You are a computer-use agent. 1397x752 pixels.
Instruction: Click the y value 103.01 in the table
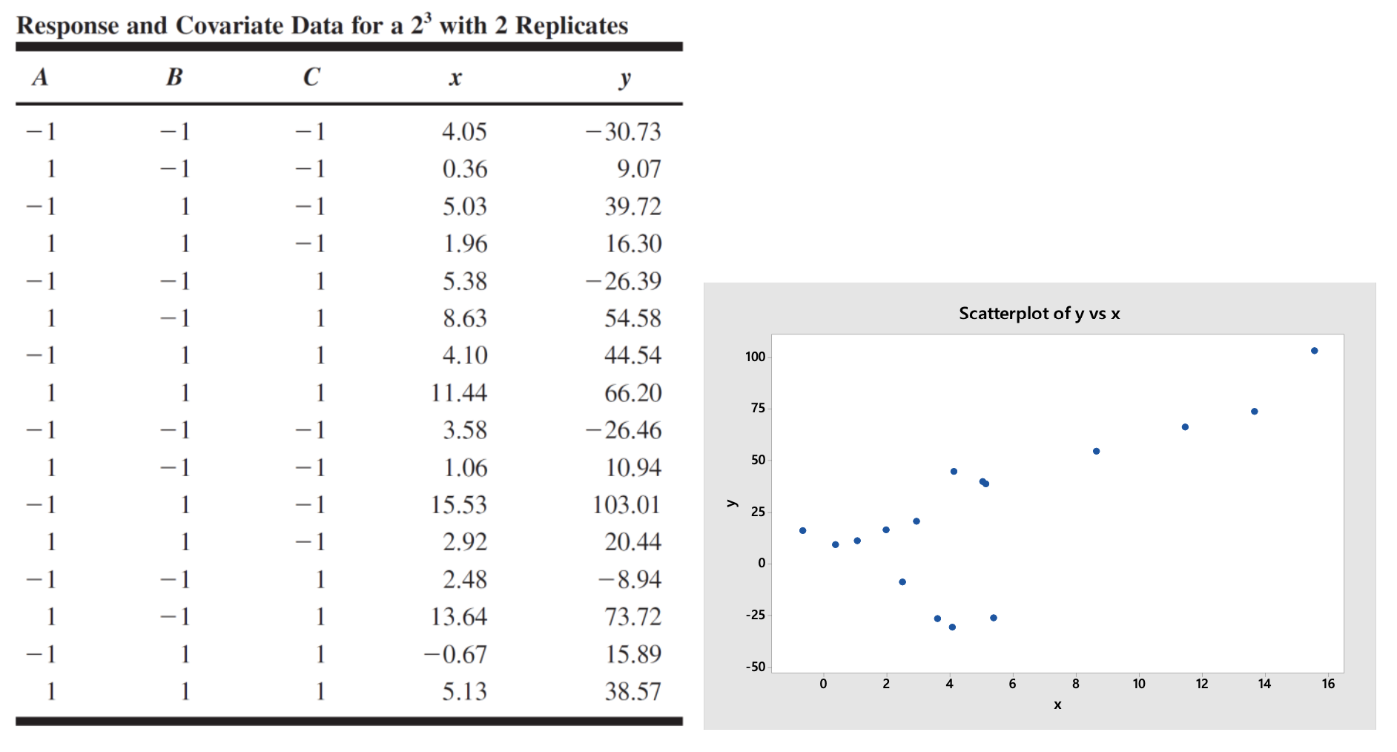[x=626, y=505]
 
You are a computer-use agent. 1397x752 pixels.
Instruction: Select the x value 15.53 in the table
[x=459, y=505]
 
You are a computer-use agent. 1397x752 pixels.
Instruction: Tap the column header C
[x=311, y=77]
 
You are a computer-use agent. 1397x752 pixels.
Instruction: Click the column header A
[x=40, y=77]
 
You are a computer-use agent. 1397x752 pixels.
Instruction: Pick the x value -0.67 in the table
[x=455, y=654]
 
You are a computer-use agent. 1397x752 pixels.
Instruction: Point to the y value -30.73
[x=623, y=132]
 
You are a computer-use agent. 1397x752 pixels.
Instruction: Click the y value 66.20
[x=633, y=393]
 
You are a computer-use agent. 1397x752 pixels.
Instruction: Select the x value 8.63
[x=465, y=318]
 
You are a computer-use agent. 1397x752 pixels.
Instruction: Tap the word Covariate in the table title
[x=229, y=26]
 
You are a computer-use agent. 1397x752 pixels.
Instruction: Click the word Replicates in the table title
[x=571, y=26]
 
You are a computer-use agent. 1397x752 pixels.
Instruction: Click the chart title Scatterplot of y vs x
[x=1039, y=313]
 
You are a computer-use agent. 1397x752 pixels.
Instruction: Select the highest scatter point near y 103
[x=1314, y=351]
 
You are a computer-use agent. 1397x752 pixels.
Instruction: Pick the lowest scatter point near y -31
[x=952, y=627]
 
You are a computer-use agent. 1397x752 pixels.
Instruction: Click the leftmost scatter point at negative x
[x=802, y=530]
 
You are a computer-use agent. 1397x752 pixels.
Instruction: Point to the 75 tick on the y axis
[x=757, y=408]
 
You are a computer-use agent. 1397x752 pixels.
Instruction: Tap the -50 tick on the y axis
[x=755, y=667]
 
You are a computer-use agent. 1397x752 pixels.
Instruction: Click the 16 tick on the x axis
[x=1327, y=684]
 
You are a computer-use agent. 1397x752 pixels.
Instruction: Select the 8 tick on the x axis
[x=1075, y=684]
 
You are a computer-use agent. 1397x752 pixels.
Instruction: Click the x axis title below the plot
[x=1057, y=705]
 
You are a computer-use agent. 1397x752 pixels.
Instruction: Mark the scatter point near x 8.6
[x=1096, y=451]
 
